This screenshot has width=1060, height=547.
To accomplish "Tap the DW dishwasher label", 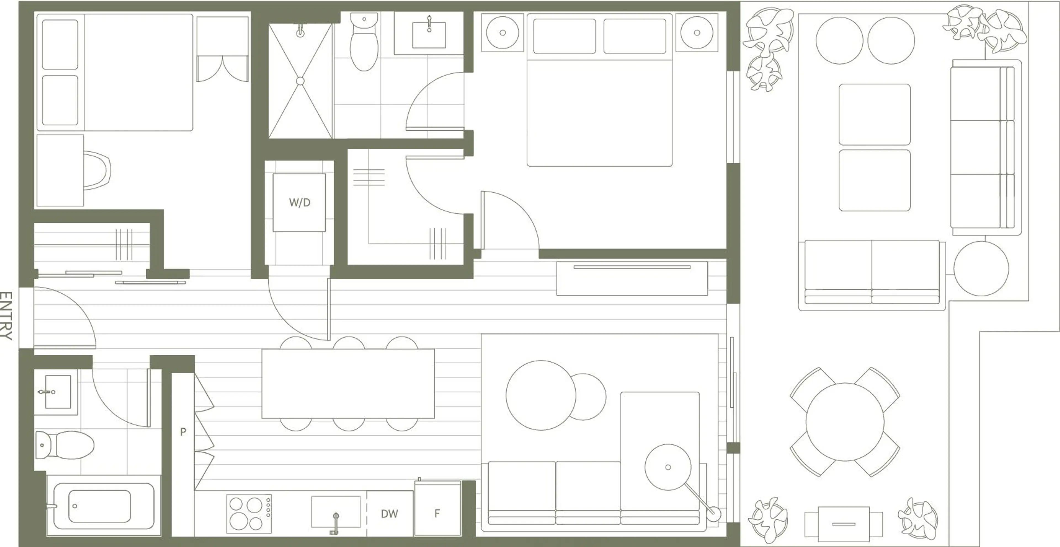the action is (389, 514).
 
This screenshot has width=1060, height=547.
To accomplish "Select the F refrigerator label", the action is (437, 513).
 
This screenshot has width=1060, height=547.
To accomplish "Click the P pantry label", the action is (183, 431).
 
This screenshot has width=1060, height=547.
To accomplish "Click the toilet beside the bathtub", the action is (65, 445).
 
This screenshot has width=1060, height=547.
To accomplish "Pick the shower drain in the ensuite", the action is (300, 81).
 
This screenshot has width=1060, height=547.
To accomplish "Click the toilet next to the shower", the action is (364, 42).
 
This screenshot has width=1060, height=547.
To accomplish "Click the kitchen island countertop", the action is (348, 384).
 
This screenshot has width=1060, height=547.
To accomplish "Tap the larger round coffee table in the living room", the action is (541, 395).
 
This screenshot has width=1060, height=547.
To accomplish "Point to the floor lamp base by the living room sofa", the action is (714, 514).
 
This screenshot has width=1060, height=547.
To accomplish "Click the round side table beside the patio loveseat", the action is (981, 268).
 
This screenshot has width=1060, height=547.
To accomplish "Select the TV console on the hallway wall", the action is (632, 278).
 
